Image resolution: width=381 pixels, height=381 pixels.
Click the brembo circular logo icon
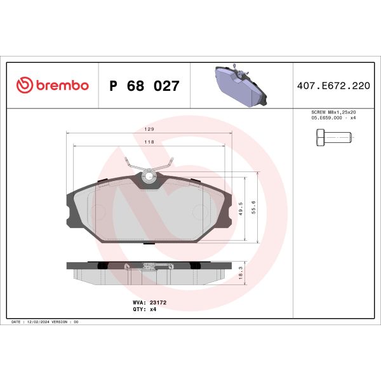point(24,86)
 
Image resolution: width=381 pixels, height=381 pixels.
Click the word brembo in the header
point(61,86)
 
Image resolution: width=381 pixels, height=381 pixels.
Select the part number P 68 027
point(144,86)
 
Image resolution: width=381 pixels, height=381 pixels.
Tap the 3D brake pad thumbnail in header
point(241,86)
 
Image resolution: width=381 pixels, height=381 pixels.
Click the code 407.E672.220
point(332,86)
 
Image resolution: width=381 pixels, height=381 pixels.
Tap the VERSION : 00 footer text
point(67,323)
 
